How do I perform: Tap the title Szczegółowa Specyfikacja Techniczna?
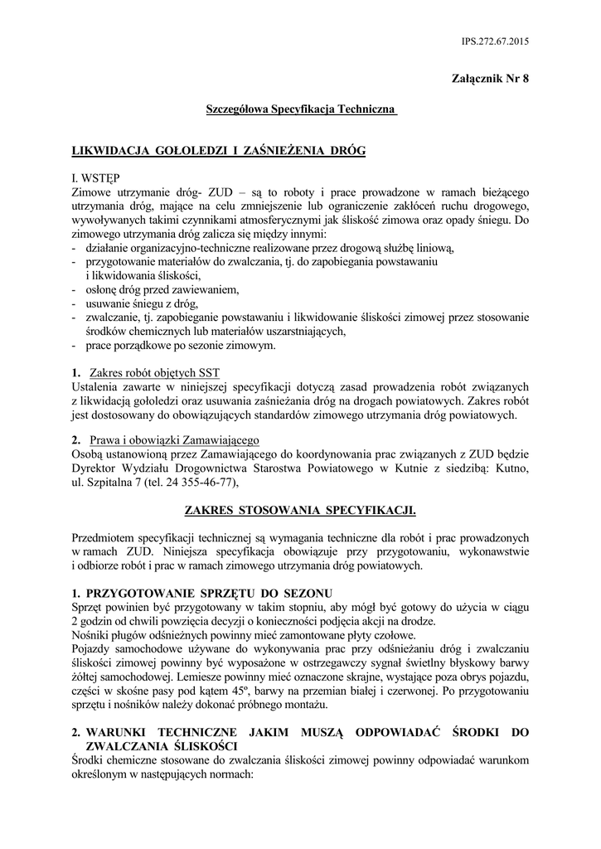coord(302,109)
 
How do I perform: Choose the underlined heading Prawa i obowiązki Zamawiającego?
coord(174,439)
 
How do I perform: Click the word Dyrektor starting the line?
coord(95,467)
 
